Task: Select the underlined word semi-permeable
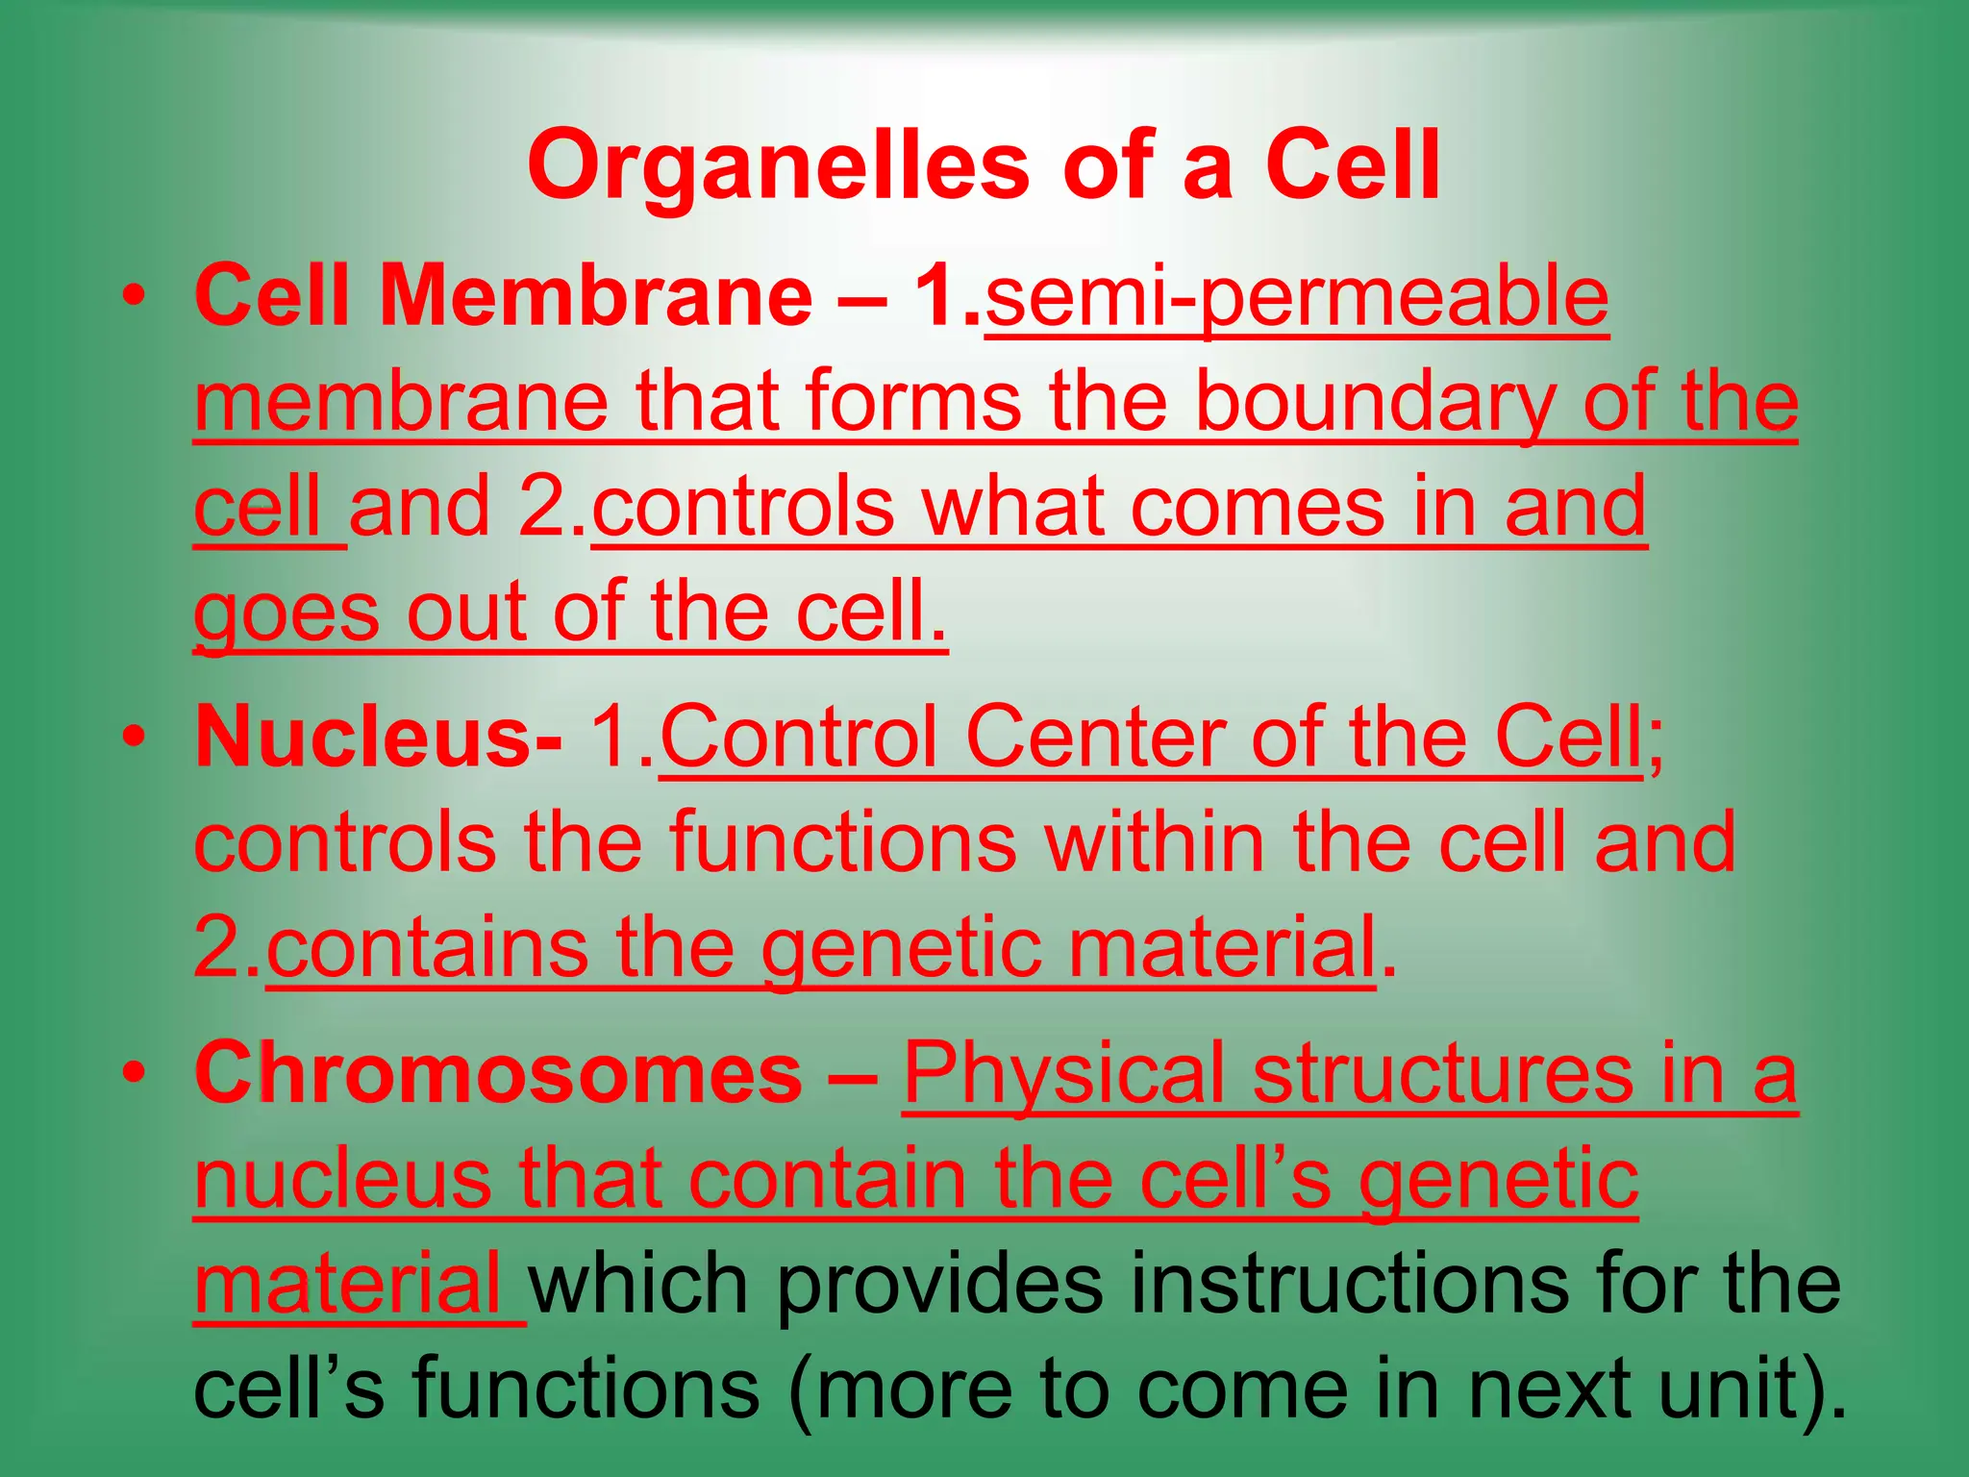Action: click(1297, 297)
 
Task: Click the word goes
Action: click(287, 614)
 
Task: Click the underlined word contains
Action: click(428, 948)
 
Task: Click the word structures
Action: click(1442, 1073)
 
